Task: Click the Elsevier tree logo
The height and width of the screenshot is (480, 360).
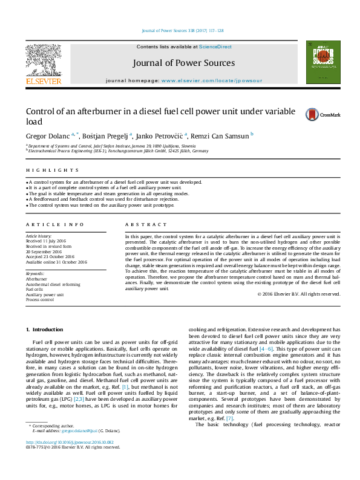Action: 43,62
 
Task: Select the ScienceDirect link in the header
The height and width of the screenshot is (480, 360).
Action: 215,47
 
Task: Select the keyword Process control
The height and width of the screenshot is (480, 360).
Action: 39,299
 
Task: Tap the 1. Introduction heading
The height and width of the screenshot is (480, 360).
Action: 44,329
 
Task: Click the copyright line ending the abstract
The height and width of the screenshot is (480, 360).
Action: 298,294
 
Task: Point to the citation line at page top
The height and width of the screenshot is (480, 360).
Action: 182,30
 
